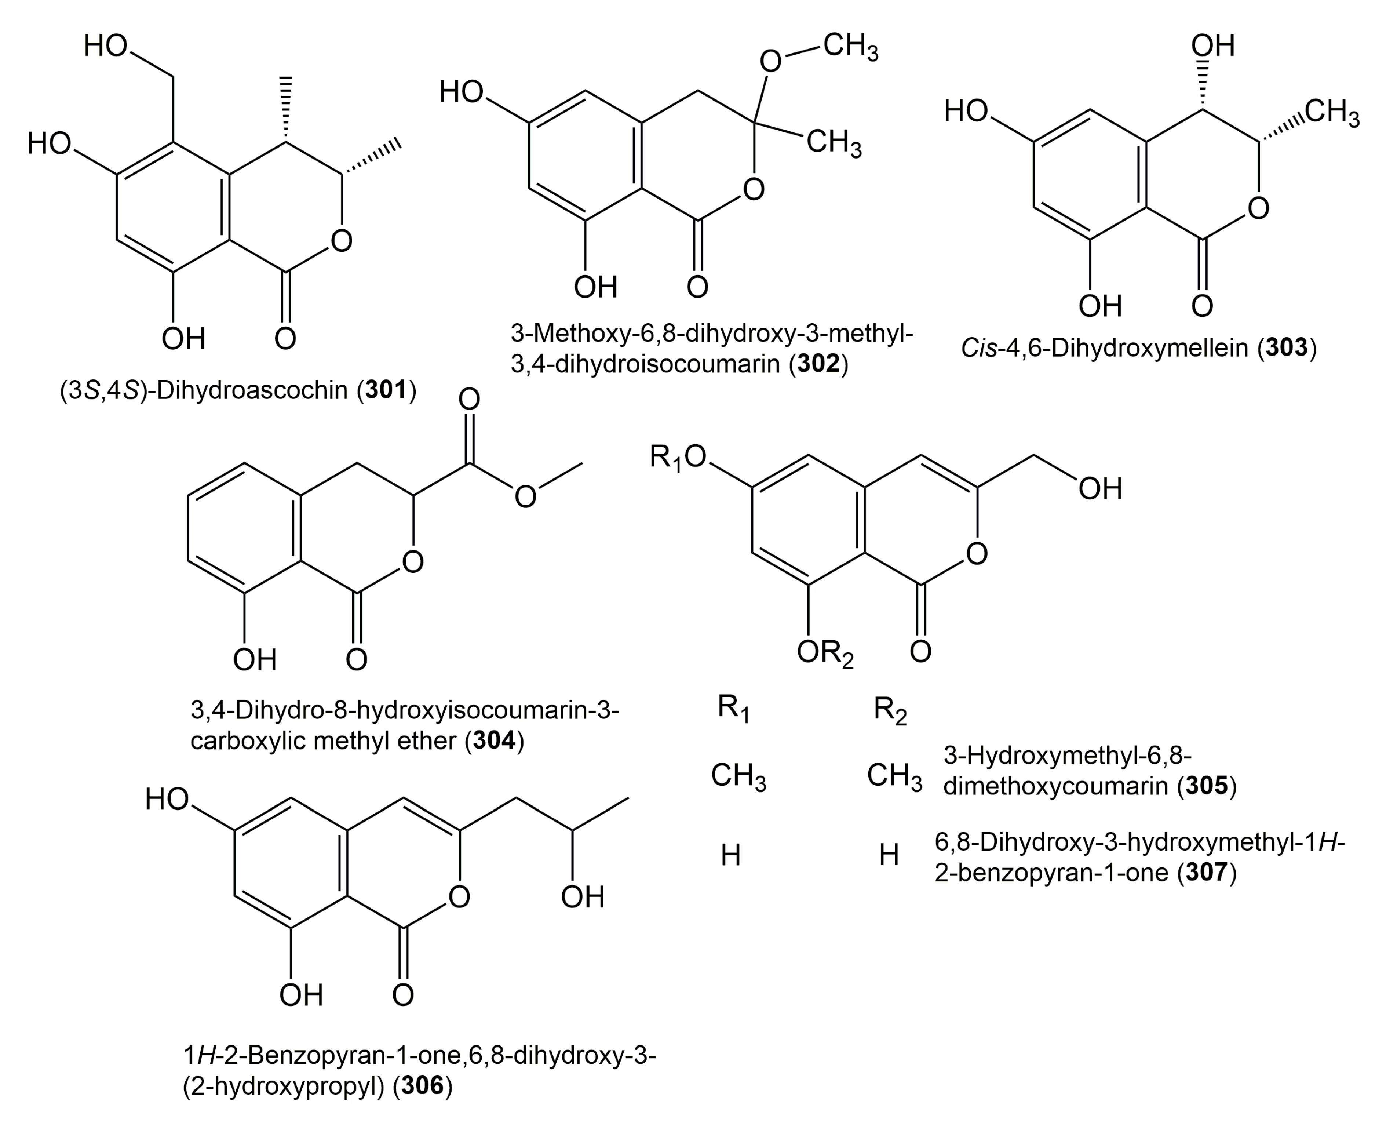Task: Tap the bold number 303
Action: (1287, 348)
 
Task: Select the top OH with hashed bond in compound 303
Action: (1213, 46)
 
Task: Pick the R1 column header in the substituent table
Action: (733, 709)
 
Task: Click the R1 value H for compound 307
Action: (730, 856)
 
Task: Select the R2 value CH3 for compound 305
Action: (894, 776)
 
